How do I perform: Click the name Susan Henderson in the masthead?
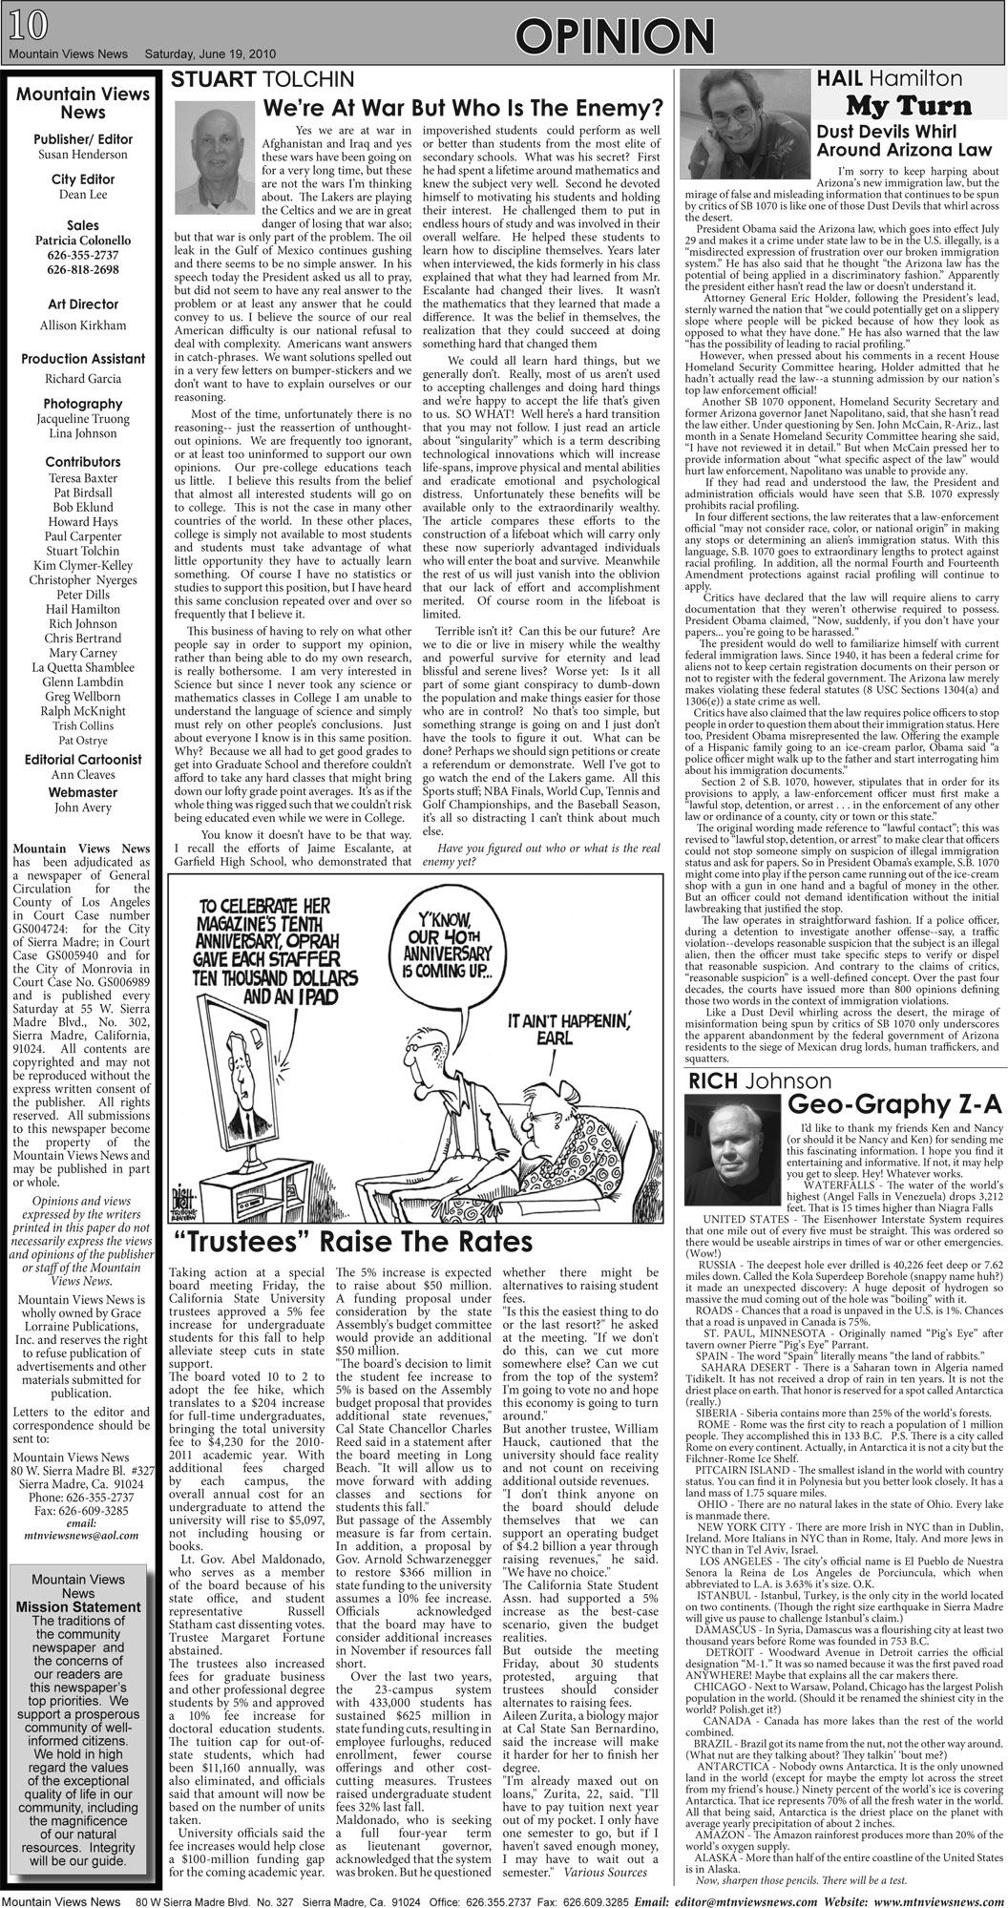[82, 154]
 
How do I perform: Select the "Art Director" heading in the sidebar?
[82, 304]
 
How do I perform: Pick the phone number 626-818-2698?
[83, 270]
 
